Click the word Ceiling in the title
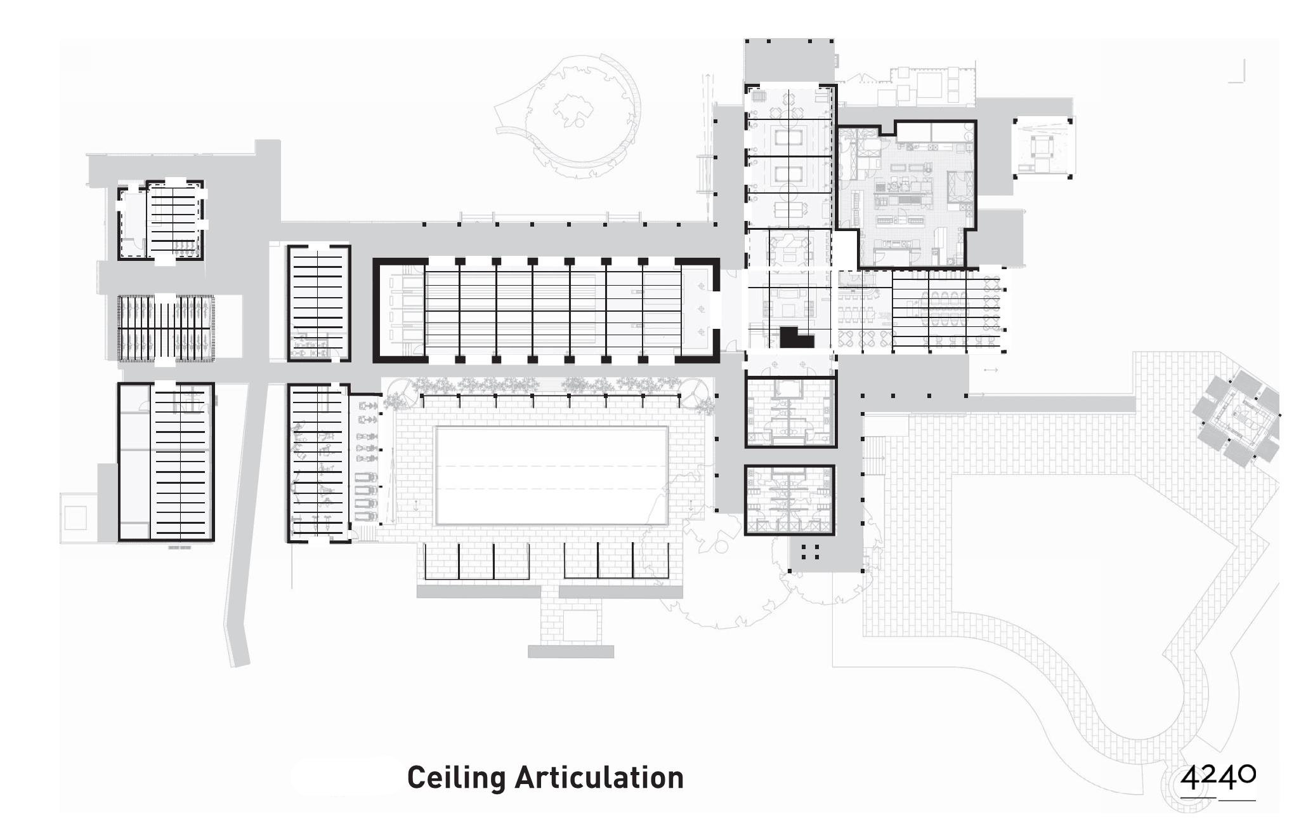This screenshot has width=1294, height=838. click(x=456, y=778)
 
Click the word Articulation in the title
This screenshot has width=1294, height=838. click(x=599, y=778)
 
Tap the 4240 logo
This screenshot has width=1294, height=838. click(x=1217, y=779)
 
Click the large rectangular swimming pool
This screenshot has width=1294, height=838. click(x=551, y=476)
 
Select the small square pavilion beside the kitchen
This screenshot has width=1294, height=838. click(x=1042, y=148)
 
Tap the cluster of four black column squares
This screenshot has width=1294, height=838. click(x=810, y=552)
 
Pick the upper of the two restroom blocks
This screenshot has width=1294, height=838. click(x=790, y=412)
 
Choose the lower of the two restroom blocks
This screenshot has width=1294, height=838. click(x=789, y=500)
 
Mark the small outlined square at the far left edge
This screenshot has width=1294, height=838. click(x=75, y=518)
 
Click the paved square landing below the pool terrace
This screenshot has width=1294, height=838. click(x=580, y=625)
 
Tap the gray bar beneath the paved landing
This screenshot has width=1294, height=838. click(x=571, y=652)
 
